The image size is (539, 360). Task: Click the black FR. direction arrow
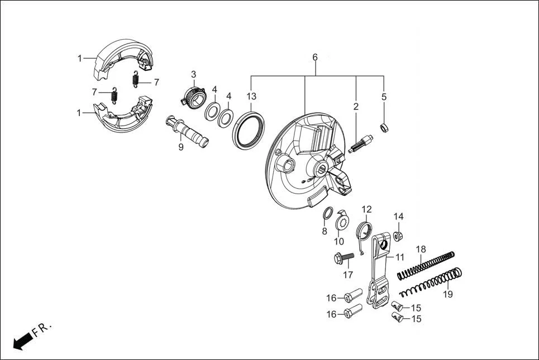(x=23, y=340)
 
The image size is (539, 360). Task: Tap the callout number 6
(x=315, y=57)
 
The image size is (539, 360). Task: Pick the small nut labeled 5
(x=384, y=128)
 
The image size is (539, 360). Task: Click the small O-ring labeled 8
(x=328, y=213)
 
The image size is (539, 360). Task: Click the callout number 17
(x=348, y=275)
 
